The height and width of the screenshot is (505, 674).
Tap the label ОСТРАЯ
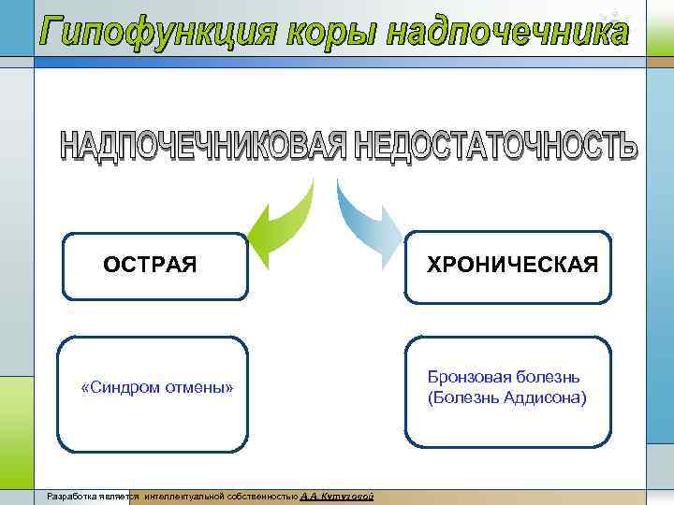pyautogui.click(x=150, y=266)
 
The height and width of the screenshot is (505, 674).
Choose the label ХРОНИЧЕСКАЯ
pyautogui.click(x=512, y=266)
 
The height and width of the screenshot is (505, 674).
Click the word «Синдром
pyautogui.click(x=120, y=387)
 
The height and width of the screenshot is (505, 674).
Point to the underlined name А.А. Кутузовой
pyautogui.click(x=338, y=496)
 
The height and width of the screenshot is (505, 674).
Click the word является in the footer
pyautogui.click(x=120, y=496)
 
